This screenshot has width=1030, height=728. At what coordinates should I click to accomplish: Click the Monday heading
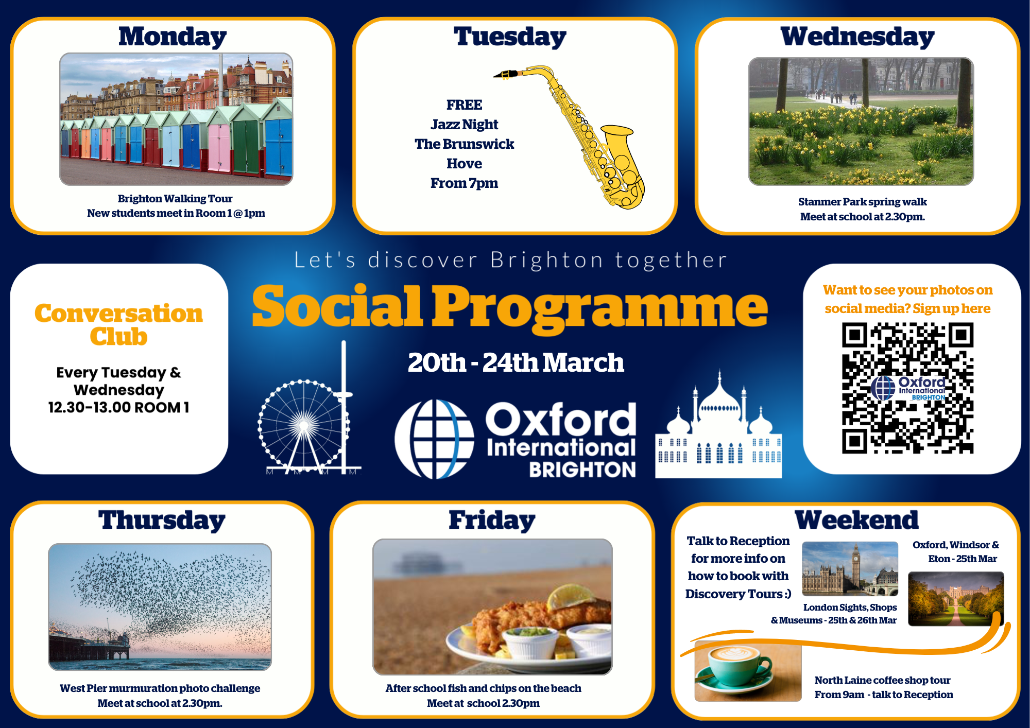click(x=173, y=37)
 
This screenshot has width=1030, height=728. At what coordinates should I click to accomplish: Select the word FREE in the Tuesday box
click(x=464, y=105)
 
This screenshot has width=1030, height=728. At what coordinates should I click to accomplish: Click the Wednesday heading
click(x=857, y=37)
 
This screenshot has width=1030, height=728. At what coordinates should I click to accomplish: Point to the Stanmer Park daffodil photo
click(x=861, y=122)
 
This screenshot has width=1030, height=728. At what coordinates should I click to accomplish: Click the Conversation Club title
click(x=118, y=325)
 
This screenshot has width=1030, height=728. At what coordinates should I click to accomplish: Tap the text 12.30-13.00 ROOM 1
click(x=118, y=407)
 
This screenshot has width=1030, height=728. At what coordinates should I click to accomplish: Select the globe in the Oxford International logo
click(x=434, y=439)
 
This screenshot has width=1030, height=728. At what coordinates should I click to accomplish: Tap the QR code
click(x=907, y=388)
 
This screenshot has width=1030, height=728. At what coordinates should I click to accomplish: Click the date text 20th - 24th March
click(x=516, y=362)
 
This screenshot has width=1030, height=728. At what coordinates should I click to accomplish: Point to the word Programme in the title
click(x=600, y=307)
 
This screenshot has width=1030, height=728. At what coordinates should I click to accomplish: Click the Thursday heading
click(x=162, y=521)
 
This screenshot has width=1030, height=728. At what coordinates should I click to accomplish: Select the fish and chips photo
click(x=492, y=606)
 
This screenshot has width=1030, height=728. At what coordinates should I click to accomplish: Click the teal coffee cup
click(x=734, y=667)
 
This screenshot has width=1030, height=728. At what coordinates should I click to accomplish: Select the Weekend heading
click(x=856, y=521)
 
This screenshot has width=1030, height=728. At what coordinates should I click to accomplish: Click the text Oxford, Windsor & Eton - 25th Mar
click(x=956, y=552)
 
